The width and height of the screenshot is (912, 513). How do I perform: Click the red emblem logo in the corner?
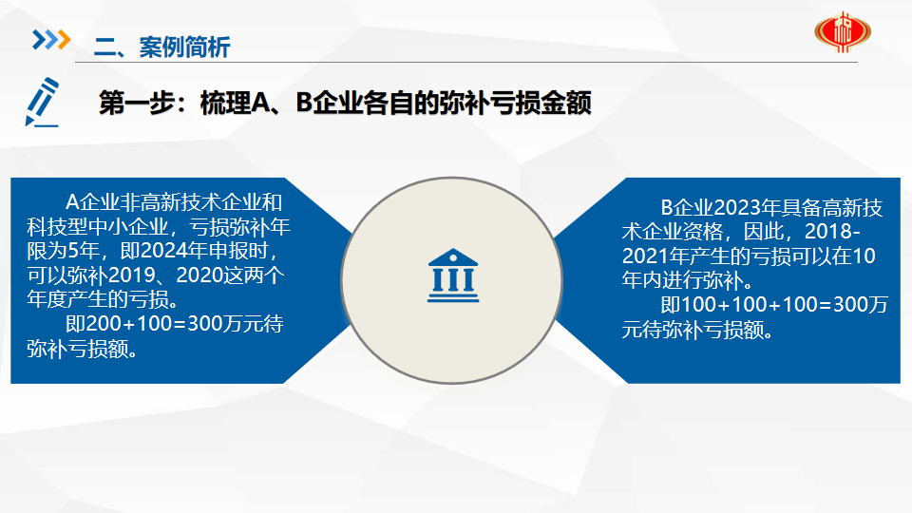coord(843,32)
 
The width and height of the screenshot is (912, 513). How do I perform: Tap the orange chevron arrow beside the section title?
coord(64,40)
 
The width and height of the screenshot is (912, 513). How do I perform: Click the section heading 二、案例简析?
coord(161,47)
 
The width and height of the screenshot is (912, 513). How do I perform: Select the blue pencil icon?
coord(43,102)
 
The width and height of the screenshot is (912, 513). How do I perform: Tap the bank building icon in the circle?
coord(453,275)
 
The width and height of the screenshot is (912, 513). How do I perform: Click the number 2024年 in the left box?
coord(174,251)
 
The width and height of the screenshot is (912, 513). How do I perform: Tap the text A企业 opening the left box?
coord(92,202)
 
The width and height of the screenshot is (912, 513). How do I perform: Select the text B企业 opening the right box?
coord(687,208)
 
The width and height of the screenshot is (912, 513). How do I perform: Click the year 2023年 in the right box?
coord(748,208)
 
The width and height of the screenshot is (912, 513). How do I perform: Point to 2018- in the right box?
coord(832,232)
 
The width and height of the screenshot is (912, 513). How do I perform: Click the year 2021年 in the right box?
coord(655,256)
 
